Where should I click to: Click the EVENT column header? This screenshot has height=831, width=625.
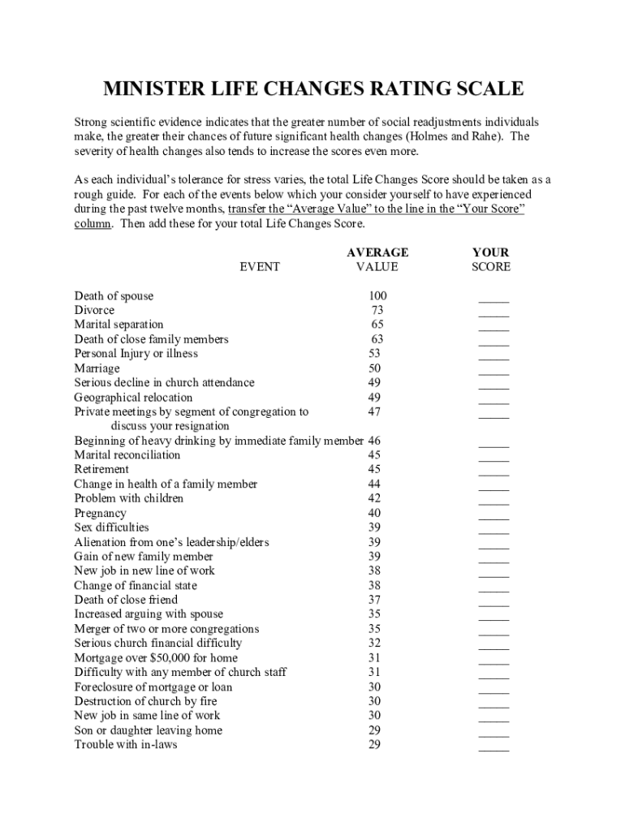(x=260, y=266)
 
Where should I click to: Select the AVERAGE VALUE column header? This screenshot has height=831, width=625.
(x=377, y=260)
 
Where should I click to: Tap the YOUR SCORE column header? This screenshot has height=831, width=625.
(x=491, y=260)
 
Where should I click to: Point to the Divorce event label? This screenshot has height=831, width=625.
(x=94, y=310)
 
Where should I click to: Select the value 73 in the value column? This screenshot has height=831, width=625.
(x=377, y=310)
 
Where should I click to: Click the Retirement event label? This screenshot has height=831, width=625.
(x=101, y=469)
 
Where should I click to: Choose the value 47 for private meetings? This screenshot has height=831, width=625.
(x=374, y=411)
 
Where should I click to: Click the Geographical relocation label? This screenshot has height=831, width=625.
(x=133, y=397)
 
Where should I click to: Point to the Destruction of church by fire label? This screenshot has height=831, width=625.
(x=145, y=700)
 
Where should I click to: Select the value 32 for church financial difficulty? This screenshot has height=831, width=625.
(x=374, y=643)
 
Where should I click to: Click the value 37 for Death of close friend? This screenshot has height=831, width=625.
(x=374, y=600)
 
